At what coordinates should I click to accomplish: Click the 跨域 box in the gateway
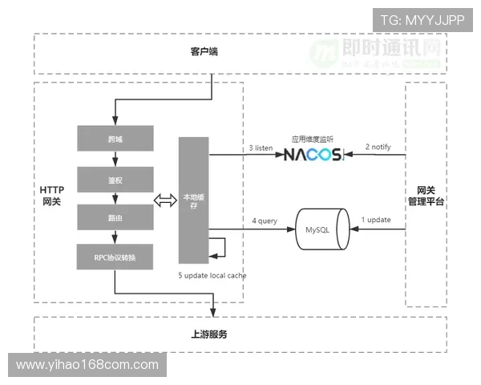coord(115,139)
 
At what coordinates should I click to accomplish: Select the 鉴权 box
coord(115,179)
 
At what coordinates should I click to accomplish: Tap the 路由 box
coord(115,217)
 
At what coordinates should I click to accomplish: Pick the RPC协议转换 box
coord(115,257)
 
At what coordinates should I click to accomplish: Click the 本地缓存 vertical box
coord(193,201)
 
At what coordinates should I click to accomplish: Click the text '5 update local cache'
coord(212,276)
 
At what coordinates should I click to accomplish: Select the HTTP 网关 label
coord(51,195)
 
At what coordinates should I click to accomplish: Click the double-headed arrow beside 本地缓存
coord(164,201)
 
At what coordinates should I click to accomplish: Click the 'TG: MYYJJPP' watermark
coord(422,19)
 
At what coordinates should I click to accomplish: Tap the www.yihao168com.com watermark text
coord(87,365)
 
